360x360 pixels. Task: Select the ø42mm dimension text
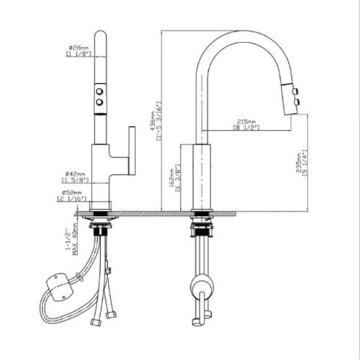(x=75, y=173)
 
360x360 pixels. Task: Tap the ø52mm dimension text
(x=75, y=192)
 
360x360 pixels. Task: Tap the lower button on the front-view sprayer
(x=99, y=104)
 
